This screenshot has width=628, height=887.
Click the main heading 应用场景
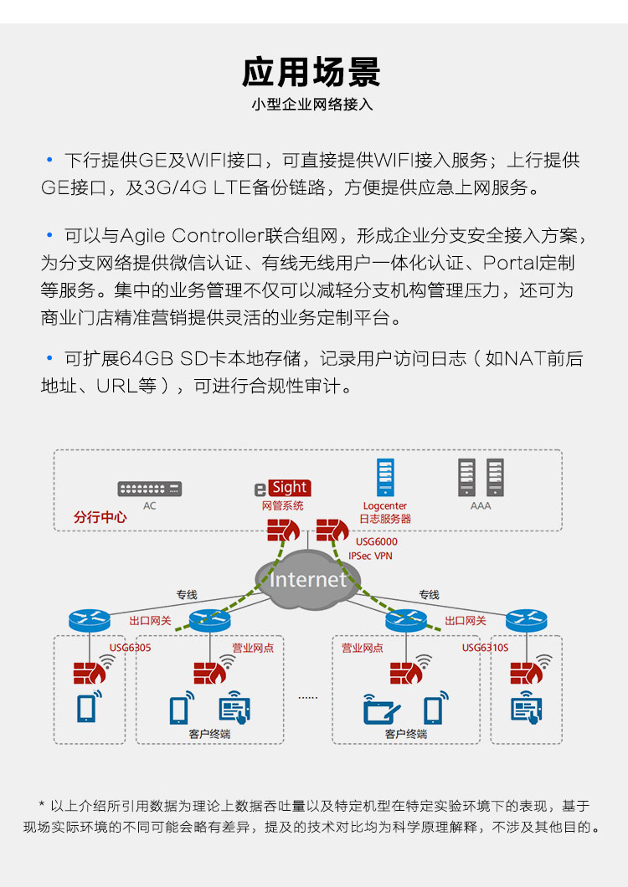[311, 72]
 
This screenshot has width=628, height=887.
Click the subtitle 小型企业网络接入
[311, 105]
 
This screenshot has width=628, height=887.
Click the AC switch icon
[149, 489]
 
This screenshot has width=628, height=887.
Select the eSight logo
[282, 488]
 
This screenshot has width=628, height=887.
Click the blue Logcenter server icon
[384, 479]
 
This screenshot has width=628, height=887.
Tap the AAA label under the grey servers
[481, 506]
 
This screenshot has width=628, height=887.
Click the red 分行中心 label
[100, 517]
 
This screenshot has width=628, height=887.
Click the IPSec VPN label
[370, 556]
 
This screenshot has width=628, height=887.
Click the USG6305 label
[131, 647]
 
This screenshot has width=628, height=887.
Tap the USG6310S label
[485, 647]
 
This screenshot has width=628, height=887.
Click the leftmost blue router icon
[89, 621]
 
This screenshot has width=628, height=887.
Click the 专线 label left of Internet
[187, 595]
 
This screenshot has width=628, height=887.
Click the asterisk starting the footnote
[42, 806]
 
